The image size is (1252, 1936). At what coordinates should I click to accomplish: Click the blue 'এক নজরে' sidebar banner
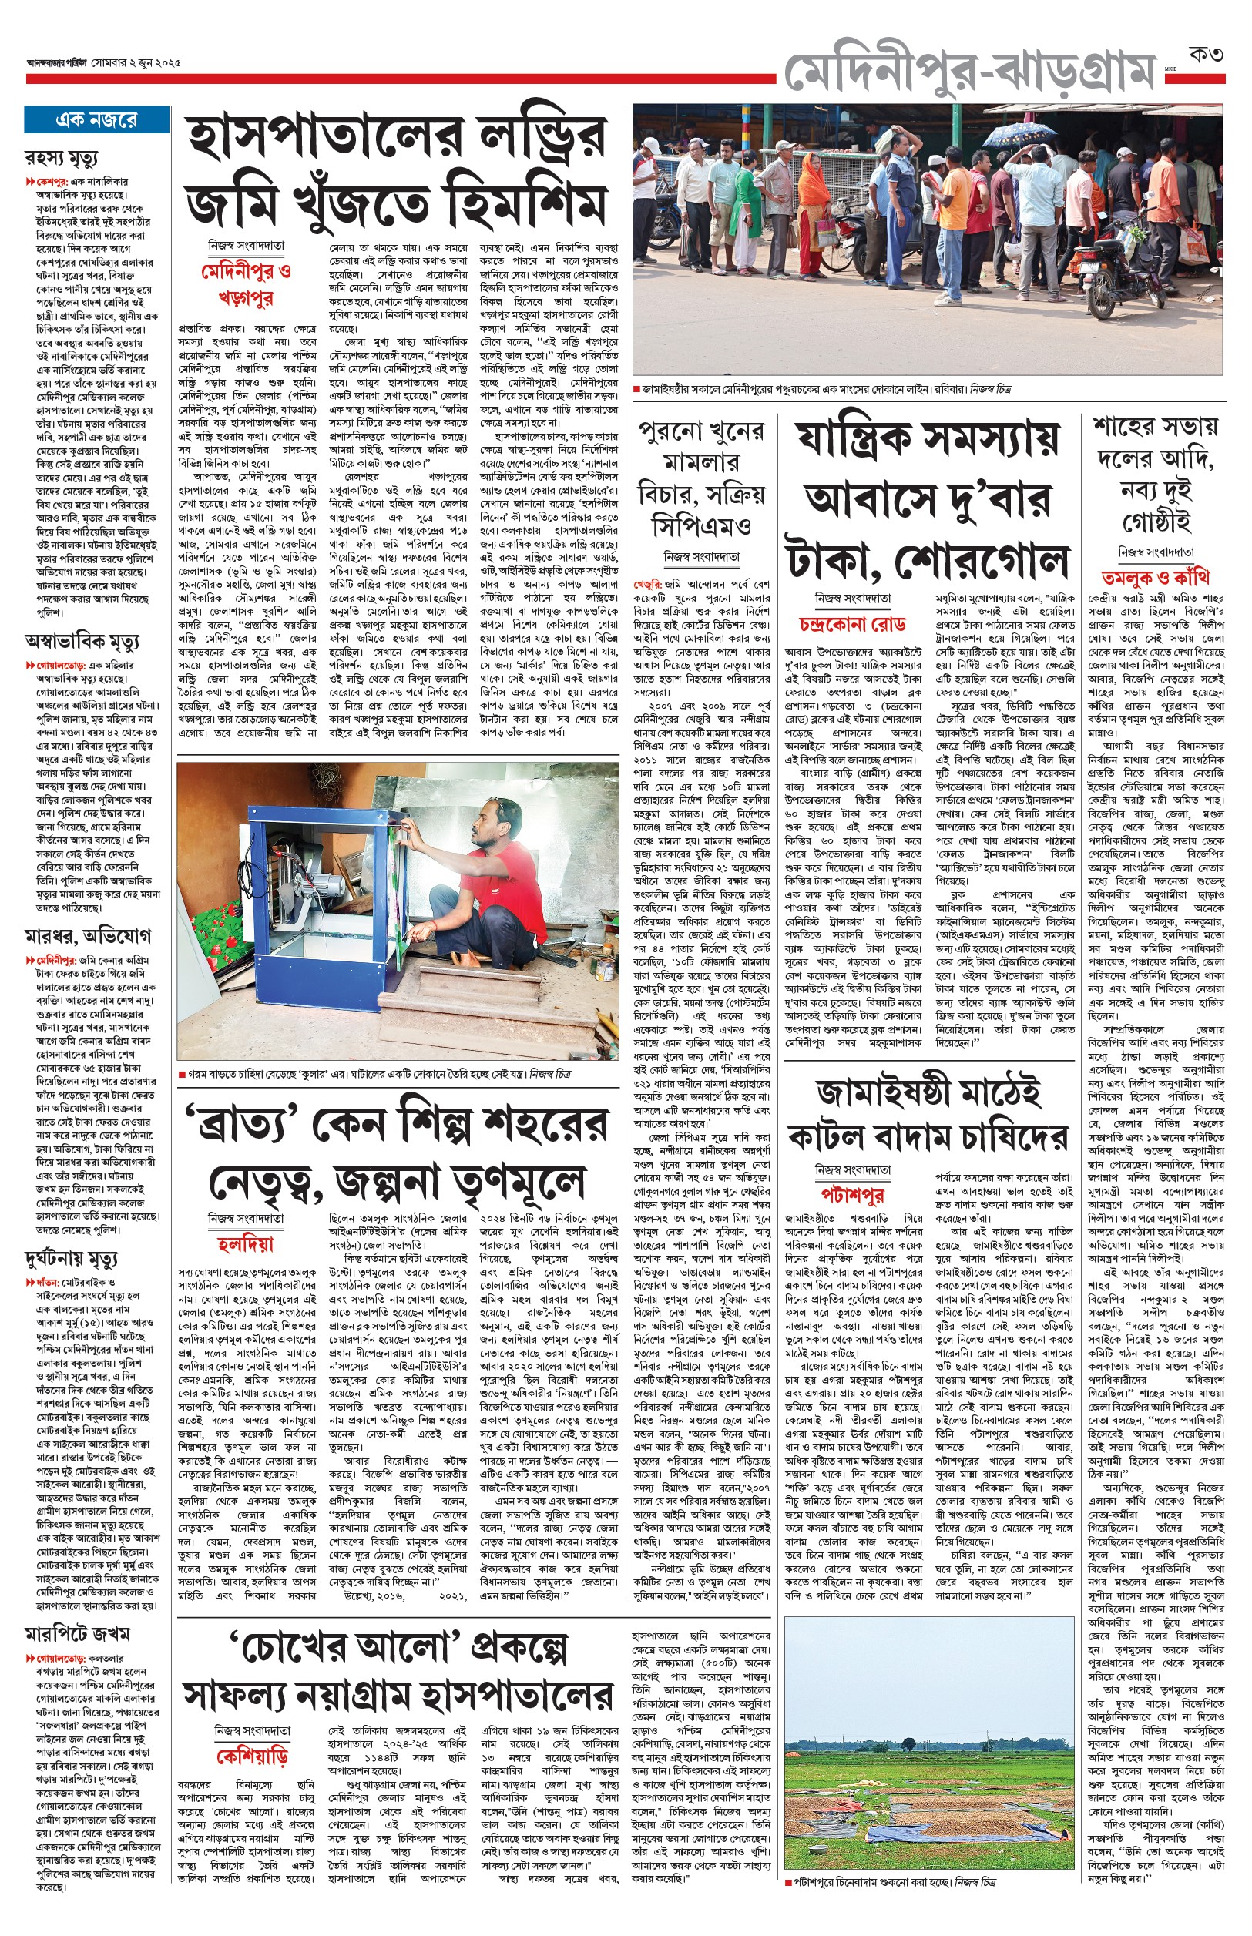coord(96,120)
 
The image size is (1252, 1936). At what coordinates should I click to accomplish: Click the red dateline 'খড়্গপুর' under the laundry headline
coord(246,298)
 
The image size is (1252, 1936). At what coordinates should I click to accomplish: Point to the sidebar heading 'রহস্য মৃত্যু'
coord(62,157)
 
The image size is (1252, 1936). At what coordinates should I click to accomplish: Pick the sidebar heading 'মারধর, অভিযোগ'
coord(87,937)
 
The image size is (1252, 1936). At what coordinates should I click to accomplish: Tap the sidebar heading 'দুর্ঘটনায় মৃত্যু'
coord(71,1259)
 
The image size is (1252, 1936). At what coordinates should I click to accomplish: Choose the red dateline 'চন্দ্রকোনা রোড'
coord(854,624)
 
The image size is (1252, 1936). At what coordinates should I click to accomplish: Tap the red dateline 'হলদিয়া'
coord(246,1244)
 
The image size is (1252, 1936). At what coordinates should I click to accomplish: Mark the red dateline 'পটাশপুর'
coord(853,1194)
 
